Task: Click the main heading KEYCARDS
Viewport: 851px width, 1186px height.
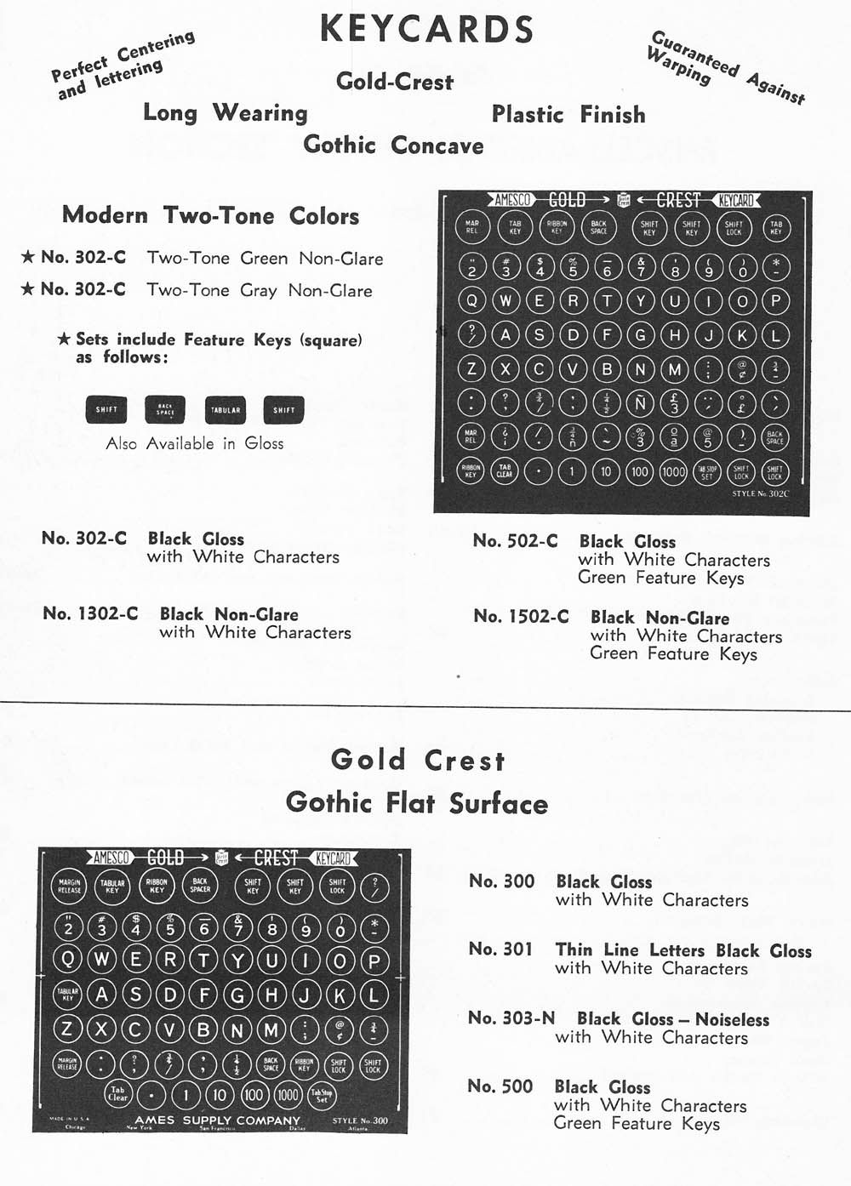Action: pyautogui.click(x=426, y=30)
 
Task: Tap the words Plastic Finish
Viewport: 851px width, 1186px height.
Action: pyautogui.click(x=568, y=115)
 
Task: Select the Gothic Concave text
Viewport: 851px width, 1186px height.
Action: pyautogui.click(x=393, y=145)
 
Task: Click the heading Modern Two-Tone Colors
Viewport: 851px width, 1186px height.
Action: pyautogui.click(x=210, y=216)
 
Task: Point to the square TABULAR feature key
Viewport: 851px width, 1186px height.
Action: pyautogui.click(x=226, y=410)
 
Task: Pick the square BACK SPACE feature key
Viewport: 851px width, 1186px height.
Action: pyautogui.click(x=165, y=410)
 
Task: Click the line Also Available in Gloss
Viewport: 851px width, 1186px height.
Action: pyautogui.click(x=195, y=444)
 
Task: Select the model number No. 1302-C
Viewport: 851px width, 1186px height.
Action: pyautogui.click(x=90, y=614)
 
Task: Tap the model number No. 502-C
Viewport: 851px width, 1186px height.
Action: pyautogui.click(x=516, y=541)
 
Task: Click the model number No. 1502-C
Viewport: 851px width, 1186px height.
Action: pyautogui.click(x=521, y=617)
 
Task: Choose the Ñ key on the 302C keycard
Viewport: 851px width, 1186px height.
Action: pyautogui.click(x=640, y=402)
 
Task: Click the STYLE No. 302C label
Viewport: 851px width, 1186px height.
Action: pyautogui.click(x=760, y=493)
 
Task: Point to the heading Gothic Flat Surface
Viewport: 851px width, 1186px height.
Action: pyautogui.click(x=417, y=802)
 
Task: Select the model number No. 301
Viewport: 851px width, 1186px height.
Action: pyautogui.click(x=500, y=949)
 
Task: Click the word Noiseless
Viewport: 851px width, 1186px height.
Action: pyautogui.click(x=732, y=1019)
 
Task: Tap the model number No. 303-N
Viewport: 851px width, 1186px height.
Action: pyautogui.click(x=511, y=1018)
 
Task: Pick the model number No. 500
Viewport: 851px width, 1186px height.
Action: pyautogui.click(x=500, y=1086)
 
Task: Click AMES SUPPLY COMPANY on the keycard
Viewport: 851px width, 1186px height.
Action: pyautogui.click(x=217, y=1120)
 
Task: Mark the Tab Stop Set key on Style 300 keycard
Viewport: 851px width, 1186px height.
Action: pyautogui.click(x=322, y=1095)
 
